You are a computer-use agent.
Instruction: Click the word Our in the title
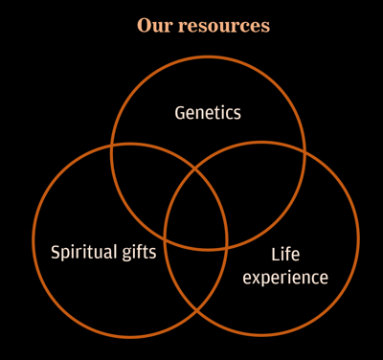pos(153,26)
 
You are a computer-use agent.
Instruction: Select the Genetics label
pos(208,113)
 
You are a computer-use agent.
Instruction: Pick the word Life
pos(285,255)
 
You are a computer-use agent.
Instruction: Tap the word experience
pos(285,278)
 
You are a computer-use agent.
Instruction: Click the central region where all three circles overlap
pos(196,211)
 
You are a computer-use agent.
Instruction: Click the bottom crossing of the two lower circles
pos(196,312)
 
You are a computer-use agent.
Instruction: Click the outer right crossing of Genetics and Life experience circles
pos(304,151)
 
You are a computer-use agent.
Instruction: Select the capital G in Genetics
pos(180,113)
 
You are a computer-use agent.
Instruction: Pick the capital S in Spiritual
pos(56,254)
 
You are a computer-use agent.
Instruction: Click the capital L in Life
pos(275,255)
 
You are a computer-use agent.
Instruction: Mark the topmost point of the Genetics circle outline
pos(208,56)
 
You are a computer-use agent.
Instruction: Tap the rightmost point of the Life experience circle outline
pos(358,238)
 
